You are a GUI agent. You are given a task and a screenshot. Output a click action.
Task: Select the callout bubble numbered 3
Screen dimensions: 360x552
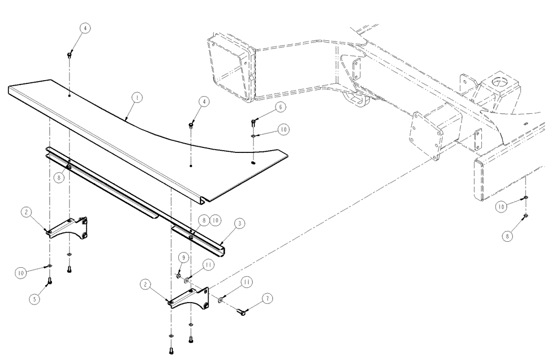240,223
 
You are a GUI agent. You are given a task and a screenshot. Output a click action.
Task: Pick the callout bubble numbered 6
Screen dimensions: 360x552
280,106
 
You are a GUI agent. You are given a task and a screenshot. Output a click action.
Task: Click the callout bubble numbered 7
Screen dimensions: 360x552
267,298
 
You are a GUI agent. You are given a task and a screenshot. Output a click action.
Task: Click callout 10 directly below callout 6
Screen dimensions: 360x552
283,129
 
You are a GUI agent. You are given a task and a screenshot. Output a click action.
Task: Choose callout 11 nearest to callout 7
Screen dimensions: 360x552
247,282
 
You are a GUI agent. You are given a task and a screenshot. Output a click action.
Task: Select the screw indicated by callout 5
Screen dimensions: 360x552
50,281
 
